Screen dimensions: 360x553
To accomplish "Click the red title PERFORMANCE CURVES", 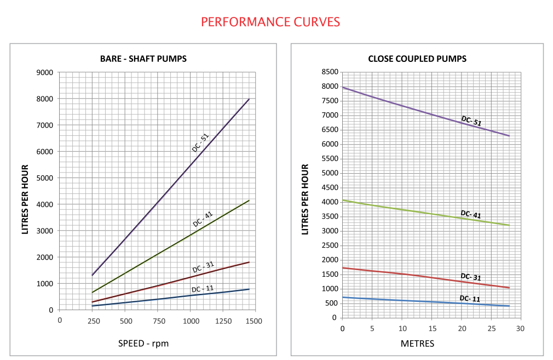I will point(270,22).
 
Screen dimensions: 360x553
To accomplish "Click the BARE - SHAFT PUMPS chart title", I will point(143,59).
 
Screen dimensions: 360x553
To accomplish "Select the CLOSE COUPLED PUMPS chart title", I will point(417,59).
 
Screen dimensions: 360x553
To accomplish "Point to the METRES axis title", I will point(418,344).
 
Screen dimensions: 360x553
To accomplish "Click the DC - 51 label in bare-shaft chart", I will point(200,142).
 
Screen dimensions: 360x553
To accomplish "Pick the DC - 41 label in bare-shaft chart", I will point(203,219).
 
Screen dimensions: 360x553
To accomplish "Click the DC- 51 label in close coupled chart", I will point(471,121).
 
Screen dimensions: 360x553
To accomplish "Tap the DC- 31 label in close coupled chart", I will point(470,277).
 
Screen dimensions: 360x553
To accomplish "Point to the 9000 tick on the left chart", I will point(45,72).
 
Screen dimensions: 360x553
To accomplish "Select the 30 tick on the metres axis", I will point(520,328).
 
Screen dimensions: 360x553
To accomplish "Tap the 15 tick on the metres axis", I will point(431,328).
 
